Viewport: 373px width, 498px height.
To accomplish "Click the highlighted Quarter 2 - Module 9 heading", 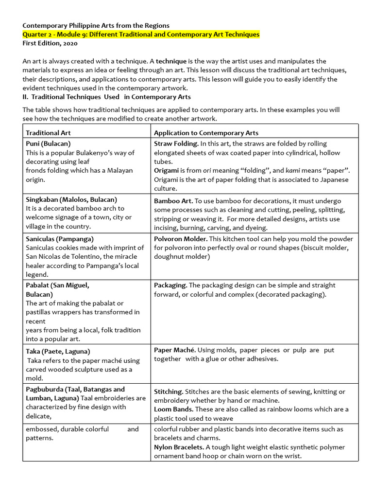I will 141,35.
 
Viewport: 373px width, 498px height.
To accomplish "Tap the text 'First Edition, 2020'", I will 50,43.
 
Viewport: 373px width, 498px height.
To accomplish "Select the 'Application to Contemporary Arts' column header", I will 206,133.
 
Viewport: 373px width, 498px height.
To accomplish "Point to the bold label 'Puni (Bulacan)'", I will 48,143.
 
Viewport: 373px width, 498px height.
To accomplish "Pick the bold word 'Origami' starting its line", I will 166,171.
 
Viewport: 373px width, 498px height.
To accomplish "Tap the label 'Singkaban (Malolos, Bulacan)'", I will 71,199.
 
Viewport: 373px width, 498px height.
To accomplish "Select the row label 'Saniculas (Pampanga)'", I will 60,239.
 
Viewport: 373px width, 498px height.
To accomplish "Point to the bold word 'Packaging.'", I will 170,285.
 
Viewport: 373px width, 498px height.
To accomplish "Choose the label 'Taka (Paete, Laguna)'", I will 58,351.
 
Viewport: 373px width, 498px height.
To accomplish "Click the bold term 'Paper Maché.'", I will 174,350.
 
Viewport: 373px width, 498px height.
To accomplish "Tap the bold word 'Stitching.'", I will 169,391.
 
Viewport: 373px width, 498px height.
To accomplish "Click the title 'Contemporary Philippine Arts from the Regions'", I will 96,25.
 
